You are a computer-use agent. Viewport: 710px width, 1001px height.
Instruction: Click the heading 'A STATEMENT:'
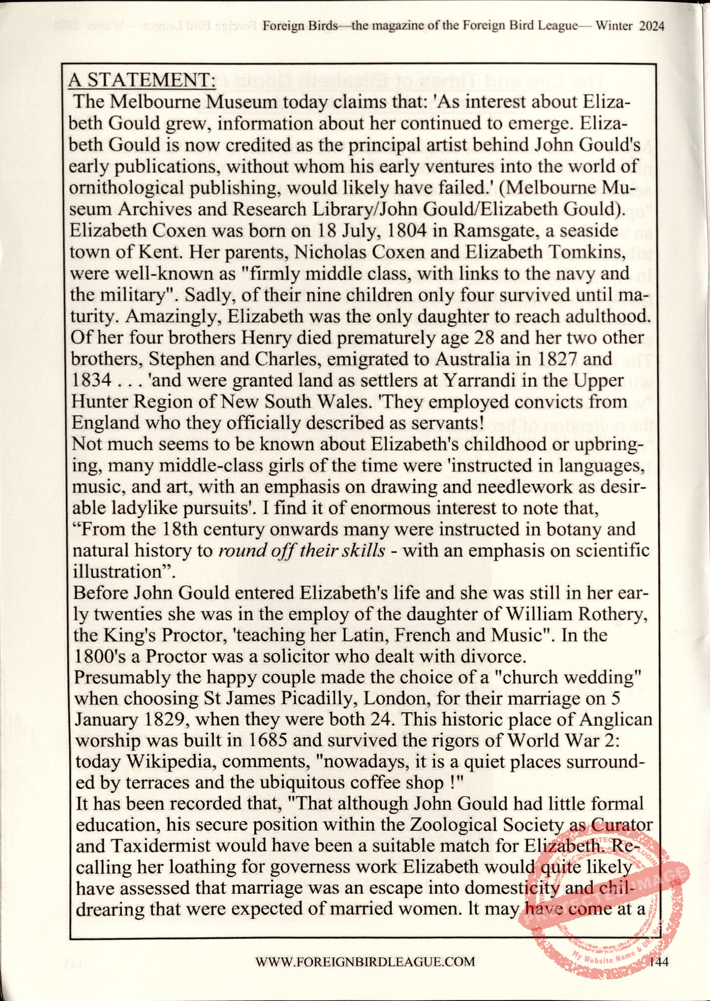pos(142,80)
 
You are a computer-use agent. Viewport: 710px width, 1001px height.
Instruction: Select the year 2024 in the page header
pos(651,26)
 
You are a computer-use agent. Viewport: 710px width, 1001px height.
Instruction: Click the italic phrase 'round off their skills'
pos(302,550)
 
